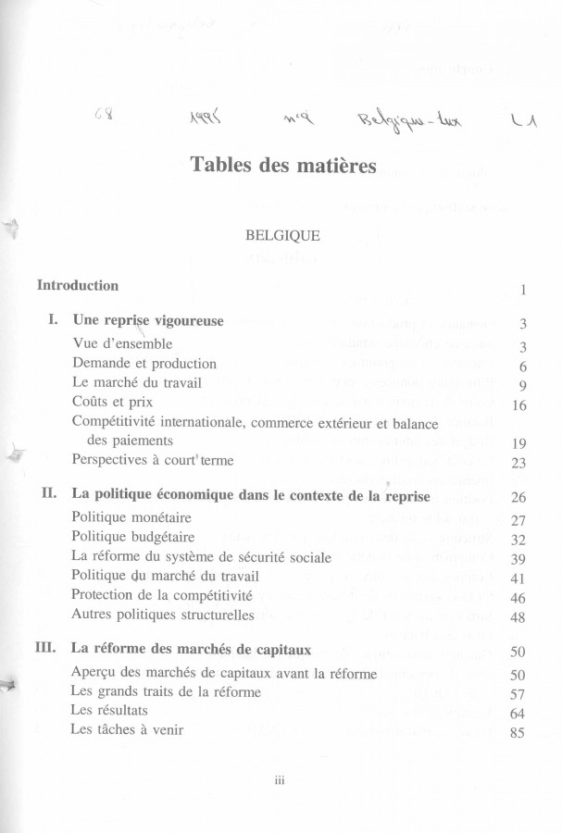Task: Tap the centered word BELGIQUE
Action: click(x=282, y=236)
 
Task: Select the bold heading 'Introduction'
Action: click(x=78, y=286)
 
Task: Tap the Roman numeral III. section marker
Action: click(x=47, y=649)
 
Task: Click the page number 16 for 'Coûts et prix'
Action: click(x=518, y=405)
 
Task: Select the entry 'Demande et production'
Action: click(x=144, y=364)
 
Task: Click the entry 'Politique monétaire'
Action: click(x=131, y=519)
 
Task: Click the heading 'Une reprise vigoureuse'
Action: click(x=147, y=322)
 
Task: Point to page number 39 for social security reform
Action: click(x=518, y=559)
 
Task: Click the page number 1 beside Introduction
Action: click(x=523, y=291)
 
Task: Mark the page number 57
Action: click(x=518, y=692)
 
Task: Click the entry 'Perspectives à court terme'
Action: click(x=153, y=460)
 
